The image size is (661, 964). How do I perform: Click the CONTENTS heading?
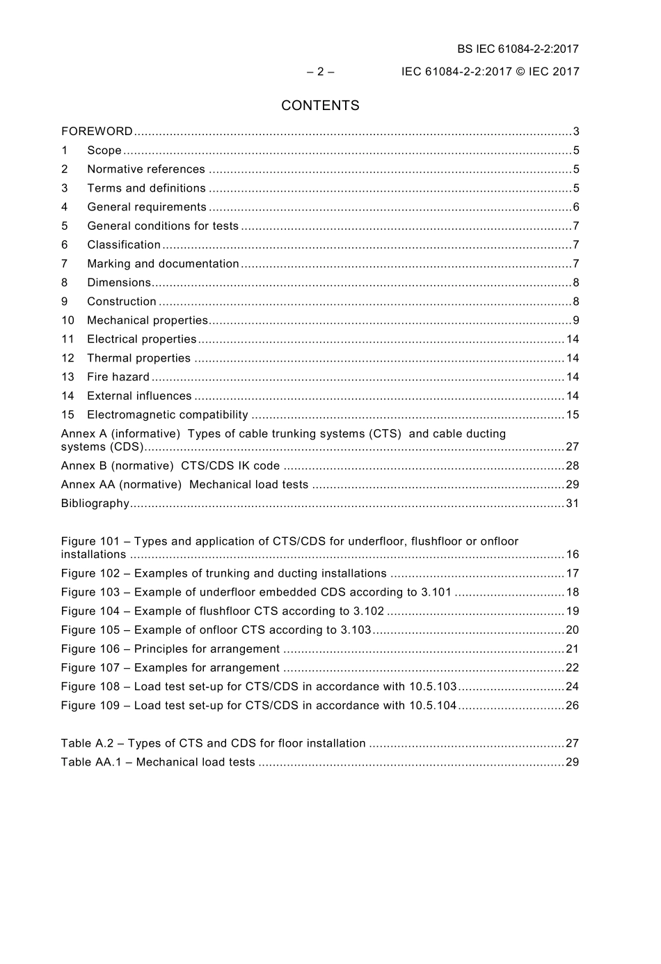tap(320, 106)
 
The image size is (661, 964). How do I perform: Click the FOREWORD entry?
tap(97, 132)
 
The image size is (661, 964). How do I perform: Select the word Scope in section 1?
tap(104, 150)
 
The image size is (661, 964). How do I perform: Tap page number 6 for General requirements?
tap(575, 207)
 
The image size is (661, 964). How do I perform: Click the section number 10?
tap(67, 320)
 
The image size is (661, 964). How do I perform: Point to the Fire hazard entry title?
tap(118, 377)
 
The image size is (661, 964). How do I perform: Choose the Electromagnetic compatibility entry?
tap(167, 414)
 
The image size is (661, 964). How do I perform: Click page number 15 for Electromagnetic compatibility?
tap(572, 414)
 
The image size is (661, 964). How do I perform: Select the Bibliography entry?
tap(95, 504)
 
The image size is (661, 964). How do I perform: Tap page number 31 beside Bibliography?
tap(572, 504)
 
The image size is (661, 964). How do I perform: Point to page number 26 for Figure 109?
tap(572, 705)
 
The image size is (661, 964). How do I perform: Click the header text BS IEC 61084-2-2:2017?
tap(518, 49)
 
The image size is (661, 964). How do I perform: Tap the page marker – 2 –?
tap(320, 71)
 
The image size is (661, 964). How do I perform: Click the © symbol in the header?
tap(520, 71)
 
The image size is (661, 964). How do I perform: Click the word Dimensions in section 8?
tap(119, 283)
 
